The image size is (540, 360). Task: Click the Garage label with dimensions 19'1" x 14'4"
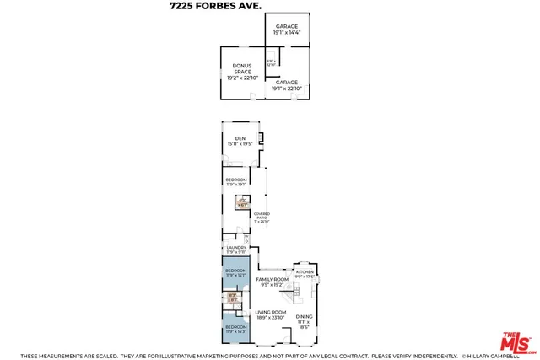[x=287, y=30]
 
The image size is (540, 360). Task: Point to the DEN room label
[x=240, y=141]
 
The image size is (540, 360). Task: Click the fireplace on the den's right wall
[x=261, y=138]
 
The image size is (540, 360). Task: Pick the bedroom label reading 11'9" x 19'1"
[x=236, y=181]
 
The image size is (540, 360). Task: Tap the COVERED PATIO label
[x=262, y=218]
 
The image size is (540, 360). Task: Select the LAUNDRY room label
[x=235, y=250]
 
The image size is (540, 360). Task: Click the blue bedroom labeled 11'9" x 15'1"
[x=236, y=272]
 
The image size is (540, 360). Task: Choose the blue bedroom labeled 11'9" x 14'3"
[x=236, y=327]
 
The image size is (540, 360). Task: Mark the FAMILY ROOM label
[x=273, y=282]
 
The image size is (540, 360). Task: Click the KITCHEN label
[x=305, y=274]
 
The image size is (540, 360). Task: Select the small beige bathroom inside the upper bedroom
[x=241, y=203]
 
